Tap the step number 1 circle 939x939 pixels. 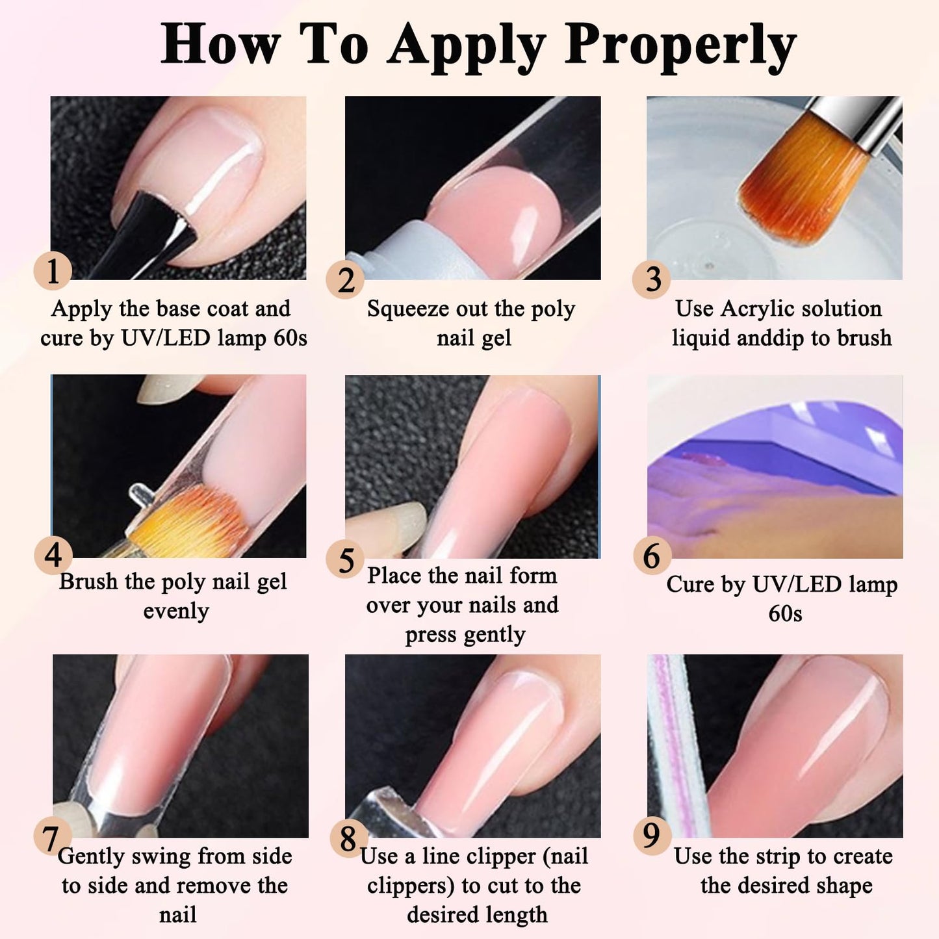[53, 271]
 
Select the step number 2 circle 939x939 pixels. [346, 280]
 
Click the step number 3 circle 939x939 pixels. [652, 279]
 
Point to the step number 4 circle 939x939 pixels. [53, 556]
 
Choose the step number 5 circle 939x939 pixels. [346, 560]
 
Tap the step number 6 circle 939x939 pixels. [652, 556]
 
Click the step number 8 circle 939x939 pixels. [348, 838]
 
